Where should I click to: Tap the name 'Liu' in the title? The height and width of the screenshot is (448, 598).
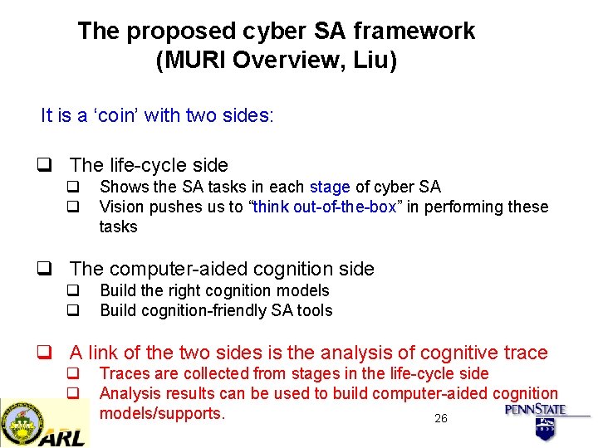tap(370, 61)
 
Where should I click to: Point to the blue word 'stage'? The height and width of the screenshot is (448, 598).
tap(331, 187)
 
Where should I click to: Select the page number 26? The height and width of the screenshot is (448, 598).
tap(440, 418)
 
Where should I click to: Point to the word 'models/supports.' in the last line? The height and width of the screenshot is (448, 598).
tap(162, 413)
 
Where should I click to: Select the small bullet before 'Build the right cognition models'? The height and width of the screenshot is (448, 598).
tap(72, 291)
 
